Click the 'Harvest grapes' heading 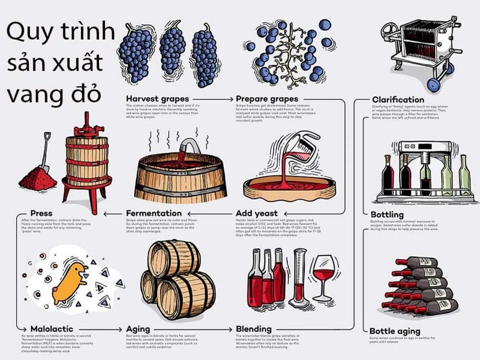[157, 98]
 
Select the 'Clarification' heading [398, 100]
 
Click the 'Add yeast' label [257, 213]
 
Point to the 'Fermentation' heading [154, 213]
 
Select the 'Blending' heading [254, 329]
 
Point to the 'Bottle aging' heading [395, 331]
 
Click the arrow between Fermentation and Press [113, 213]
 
